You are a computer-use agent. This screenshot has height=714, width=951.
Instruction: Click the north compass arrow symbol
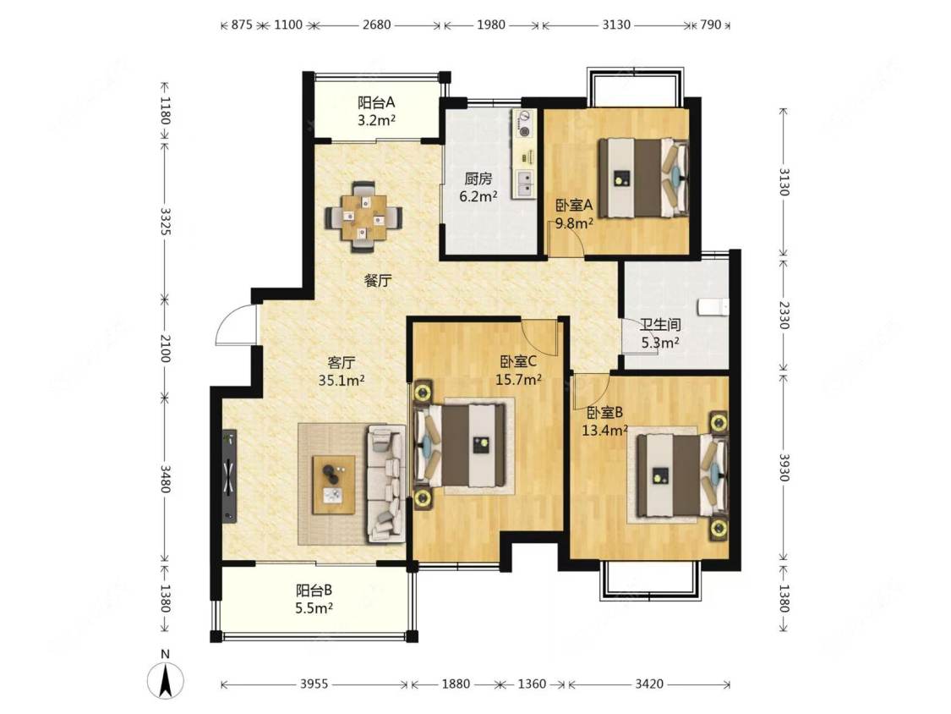tap(165, 680)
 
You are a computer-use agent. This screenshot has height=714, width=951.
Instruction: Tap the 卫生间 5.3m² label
tap(660, 333)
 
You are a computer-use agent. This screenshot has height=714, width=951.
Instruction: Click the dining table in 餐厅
tap(363, 217)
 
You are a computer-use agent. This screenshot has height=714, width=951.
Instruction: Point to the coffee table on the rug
tap(333, 485)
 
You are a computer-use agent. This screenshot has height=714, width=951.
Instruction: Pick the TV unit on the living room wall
tap(229, 475)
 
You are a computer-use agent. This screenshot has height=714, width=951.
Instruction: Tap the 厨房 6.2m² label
tap(478, 187)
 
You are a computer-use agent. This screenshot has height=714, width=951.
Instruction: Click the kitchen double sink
tap(525, 184)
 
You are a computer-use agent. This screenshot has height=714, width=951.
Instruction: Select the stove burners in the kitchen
tap(523, 124)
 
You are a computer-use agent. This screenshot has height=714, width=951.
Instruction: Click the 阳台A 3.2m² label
tap(376, 111)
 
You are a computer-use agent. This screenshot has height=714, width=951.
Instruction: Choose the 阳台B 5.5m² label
tap(314, 599)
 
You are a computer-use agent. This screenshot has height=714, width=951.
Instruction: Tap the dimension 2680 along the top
tap(376, 25)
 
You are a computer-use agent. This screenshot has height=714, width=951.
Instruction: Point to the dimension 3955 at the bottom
tap(314, 684)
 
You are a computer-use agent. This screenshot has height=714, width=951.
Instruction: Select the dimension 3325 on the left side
tap(165, 222)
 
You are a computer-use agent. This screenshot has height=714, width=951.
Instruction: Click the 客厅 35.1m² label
tap(341, 371)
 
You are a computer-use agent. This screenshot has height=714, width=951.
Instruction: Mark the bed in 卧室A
tap(644, 178)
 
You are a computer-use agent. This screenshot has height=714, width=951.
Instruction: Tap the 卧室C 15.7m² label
tap(518, 371)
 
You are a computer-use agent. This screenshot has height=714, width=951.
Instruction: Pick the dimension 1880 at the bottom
tap(456, 684)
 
